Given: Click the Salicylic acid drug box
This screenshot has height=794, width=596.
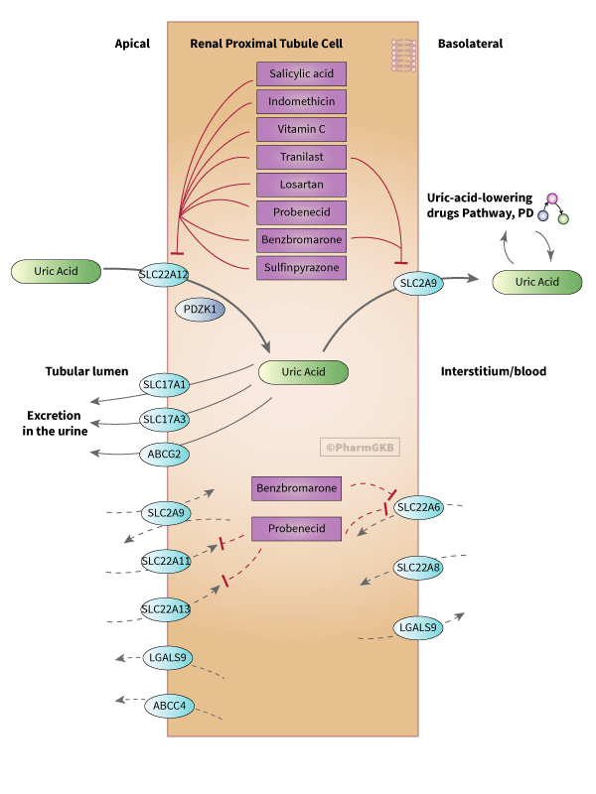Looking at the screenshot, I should click(302, 73).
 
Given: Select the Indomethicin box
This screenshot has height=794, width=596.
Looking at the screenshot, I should click(302, 101).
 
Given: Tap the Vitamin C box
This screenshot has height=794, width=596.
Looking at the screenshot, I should click(302, 129).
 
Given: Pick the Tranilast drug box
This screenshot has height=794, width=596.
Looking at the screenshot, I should click(302, 157).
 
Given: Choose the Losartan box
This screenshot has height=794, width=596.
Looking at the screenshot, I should click(302, 185).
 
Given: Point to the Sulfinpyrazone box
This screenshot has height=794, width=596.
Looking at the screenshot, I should click(302, 267).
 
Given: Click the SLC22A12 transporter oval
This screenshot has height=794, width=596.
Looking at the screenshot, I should click(164, 273).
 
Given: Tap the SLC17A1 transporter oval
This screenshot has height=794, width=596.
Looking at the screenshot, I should click(164, 384).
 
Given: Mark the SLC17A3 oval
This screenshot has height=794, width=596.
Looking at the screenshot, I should click(164, 420).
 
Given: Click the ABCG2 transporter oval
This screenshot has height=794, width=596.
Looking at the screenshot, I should click(164, 455).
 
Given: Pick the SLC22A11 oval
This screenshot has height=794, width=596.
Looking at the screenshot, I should click(165, 562).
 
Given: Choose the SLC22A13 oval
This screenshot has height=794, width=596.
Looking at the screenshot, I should click(165, 609).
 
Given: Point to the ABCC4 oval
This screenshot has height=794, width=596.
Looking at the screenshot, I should click(169, 706).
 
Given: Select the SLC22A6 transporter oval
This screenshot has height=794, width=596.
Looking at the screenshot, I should click(417, 508).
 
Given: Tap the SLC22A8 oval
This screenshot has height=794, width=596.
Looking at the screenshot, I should click(417, 569).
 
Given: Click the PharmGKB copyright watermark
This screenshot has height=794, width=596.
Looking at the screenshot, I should click(360, 448).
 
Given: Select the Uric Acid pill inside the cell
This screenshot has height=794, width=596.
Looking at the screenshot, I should click(303, 372).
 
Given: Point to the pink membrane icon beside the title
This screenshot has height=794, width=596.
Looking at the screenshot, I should click(402, 55).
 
